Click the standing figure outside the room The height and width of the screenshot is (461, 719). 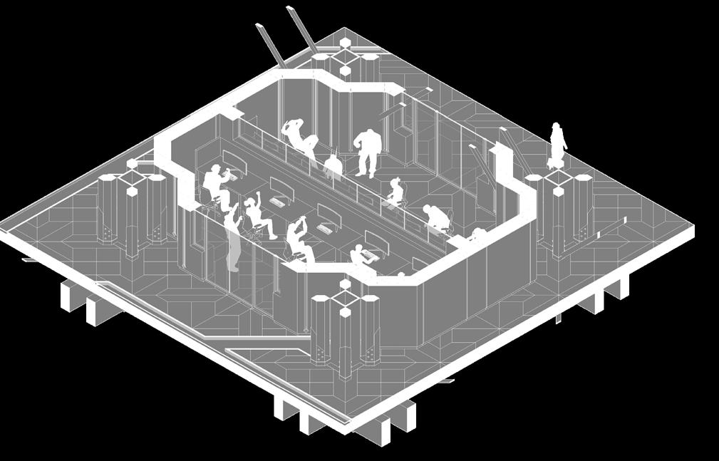pos(557,147)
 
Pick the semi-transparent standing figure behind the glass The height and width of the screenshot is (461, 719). pos(232,239)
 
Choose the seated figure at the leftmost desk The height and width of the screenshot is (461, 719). pos(215,183)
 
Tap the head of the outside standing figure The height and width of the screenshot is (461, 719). pos(556,127)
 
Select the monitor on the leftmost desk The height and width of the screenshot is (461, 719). pos(234,160)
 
